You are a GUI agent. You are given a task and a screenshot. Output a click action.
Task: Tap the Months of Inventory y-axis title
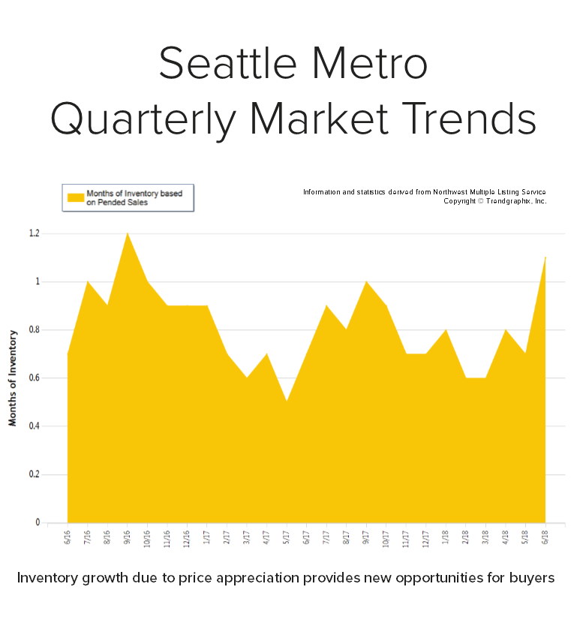[x=13, y=377]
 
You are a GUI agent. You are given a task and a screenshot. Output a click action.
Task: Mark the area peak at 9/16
[x=128, y=234]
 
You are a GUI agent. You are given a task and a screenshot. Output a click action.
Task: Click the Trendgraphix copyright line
[x=494, y=201]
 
